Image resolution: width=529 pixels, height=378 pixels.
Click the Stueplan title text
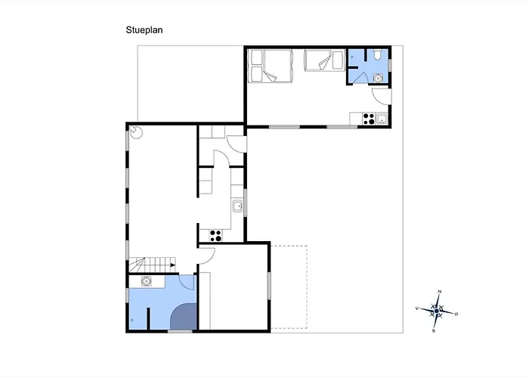[144, 30]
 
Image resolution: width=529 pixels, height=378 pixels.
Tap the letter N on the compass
[439, 291]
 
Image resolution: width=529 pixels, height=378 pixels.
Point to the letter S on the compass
[434, 331]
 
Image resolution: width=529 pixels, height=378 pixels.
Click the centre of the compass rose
[437, 311]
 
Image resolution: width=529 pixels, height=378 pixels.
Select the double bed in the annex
[270, 66]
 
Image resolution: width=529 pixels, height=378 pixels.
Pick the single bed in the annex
[324, 60]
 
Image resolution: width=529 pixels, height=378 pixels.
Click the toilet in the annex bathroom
[378, 54]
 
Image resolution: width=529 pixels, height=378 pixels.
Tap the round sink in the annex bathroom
[378, 79]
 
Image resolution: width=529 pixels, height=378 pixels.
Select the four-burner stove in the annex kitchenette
[369, 119]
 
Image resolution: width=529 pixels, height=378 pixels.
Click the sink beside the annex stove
[381, 119]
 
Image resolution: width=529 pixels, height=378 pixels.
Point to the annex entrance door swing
[382, 97]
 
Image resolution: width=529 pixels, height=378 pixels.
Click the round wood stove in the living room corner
[136, 132]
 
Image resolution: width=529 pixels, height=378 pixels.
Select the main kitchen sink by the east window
[237, 206]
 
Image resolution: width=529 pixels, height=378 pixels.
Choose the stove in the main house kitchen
[215, 236]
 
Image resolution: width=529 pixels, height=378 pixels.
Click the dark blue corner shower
[184, 317]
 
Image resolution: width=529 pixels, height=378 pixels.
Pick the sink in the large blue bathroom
[146, 281]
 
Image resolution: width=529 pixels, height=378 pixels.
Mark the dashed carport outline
[289, 287]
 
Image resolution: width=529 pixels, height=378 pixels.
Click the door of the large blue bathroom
[187, 283]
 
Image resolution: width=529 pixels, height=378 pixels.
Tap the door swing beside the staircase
[206, 256]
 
